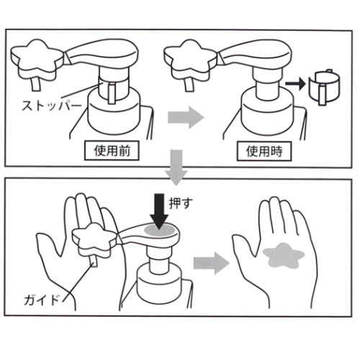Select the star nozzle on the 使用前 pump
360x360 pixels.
tap(35, 58)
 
